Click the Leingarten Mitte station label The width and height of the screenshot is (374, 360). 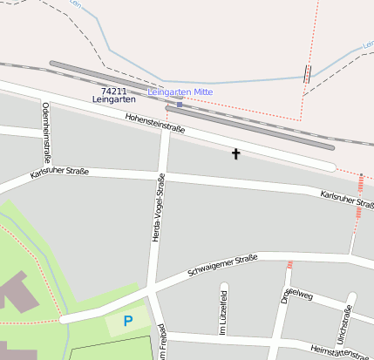(180, 92)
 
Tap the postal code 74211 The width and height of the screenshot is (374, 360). (113, 91)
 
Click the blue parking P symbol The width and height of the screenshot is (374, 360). (128, 321)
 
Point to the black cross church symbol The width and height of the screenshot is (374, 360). (235, 154)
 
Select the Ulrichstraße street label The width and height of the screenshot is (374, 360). (345, 324)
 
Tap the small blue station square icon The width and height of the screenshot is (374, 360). (180, 105)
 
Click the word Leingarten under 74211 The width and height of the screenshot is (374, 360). (113, 100)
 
